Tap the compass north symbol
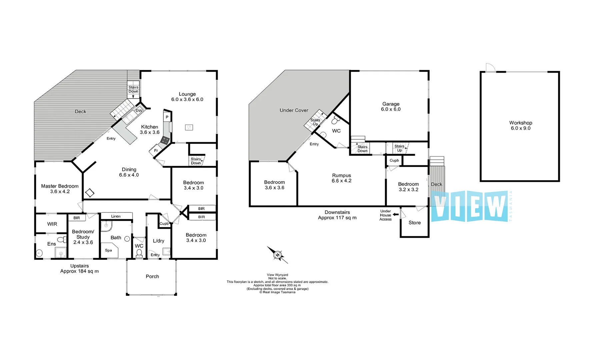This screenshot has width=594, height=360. pyautogui.click(x=277, y=255)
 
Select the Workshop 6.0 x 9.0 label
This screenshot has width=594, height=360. pyautogui.click(x=520, y=125)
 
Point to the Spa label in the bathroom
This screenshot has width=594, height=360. pyautogui.click(x=108, y=250)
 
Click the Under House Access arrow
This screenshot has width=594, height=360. pyautogui.click(x=396, y=215)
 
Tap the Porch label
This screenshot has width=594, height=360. pyautogui.click(x=152, y=276)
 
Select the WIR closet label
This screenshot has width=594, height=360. pyautogui.click(x=52, y=224)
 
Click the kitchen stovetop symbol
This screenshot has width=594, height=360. pyautogui.click(x=165, y=140)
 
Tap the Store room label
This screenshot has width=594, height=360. pyautogui.click(x=415, y=223)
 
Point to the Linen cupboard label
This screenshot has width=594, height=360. pyautogui.click(x=116, y=216)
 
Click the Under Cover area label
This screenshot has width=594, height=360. pyautogui.click(x=294, y=110)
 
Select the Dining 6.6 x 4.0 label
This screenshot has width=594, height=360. pyautogui.click(x=129, y=172)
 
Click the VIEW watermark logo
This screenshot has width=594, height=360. pyautogui.click(x=470, y=206)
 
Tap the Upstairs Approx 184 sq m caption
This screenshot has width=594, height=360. pyautogui.click(x=79, y=268)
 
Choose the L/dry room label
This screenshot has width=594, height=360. pyautogui.click(x=158, y=241)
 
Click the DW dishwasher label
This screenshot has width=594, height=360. pyautogui.click(x=139, y=111)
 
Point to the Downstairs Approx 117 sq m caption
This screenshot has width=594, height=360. pyautogui.click(x=337, y=215)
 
